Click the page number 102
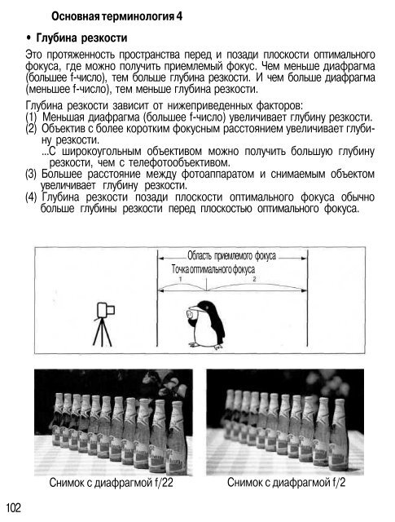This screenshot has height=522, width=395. (14, 507)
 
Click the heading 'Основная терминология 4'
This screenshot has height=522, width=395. (116, 16)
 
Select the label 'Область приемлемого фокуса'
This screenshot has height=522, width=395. (232, 255)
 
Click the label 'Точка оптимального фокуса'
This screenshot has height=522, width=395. (213, 269)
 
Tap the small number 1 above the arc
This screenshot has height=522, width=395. (180, 279)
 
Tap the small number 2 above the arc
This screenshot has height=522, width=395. (254, 279)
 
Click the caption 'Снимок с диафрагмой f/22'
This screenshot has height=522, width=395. (111, 482)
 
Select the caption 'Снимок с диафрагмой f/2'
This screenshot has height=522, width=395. (287, 482)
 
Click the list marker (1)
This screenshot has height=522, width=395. (31, 117)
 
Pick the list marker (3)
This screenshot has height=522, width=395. (31, 174)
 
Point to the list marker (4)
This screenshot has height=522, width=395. (31, 197)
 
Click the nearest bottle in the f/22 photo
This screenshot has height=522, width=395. (177, 437)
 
